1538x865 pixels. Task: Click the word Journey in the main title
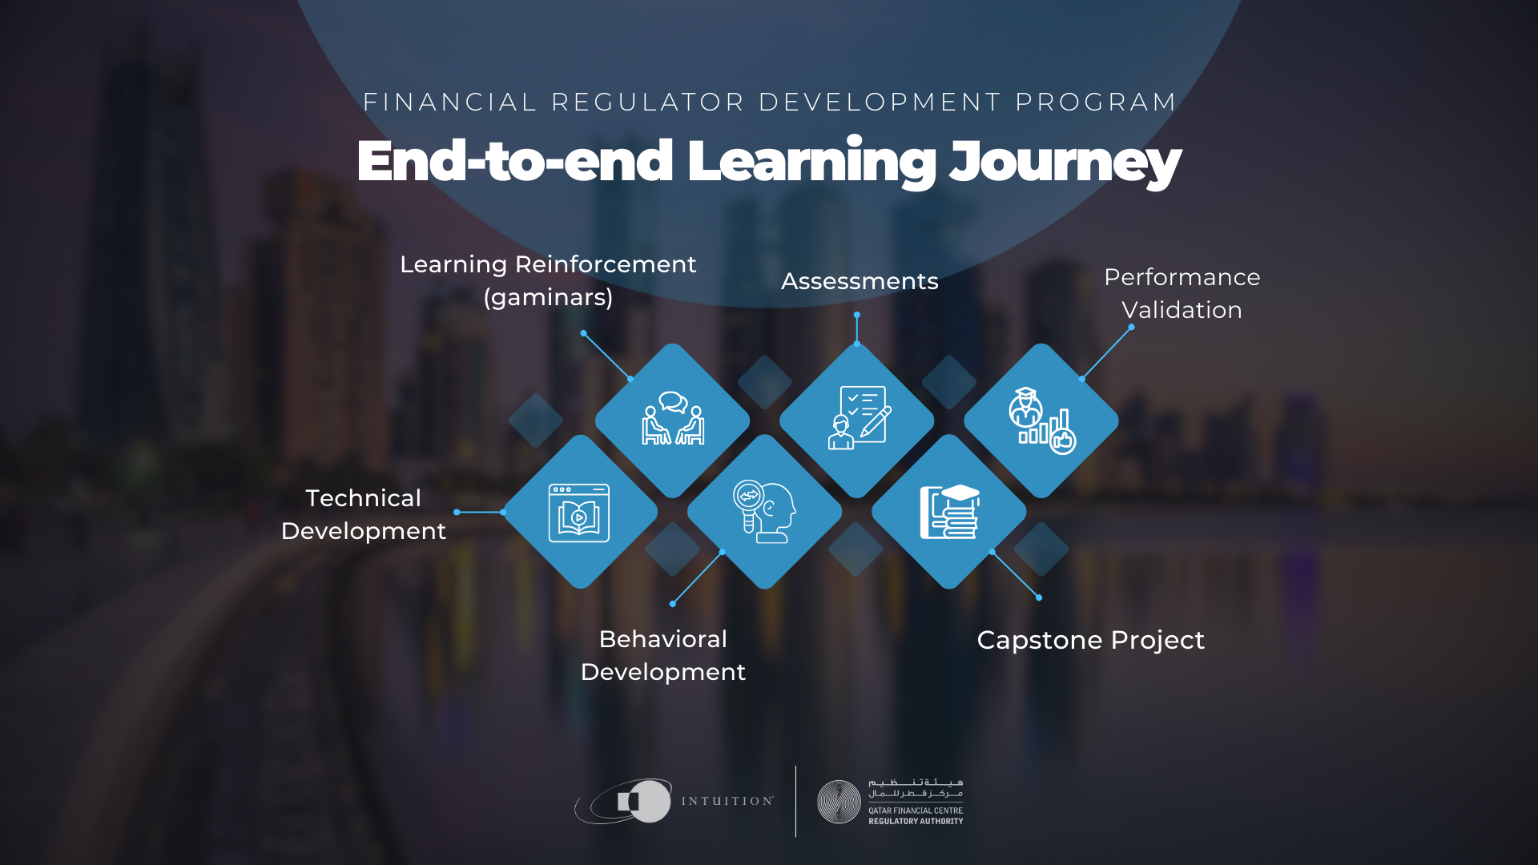tap(1065, 163)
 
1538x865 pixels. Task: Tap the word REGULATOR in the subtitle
tap(649, 103)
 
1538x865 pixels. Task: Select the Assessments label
tap(860, 281)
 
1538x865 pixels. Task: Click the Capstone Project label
tap(1090, 641)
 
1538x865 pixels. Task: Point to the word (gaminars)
tap(548, 297)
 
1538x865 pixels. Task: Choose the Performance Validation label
tap(1182, 293)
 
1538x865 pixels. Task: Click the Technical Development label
tap(364, 514)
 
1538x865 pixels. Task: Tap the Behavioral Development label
tap(663, 655)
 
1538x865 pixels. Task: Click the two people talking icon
tap(673, 417)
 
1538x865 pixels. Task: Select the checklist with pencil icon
tap(859, 418)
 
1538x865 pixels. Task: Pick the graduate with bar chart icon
tap(1042, 420)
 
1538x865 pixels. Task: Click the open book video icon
tap(579, 513)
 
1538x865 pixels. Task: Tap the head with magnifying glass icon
tap(764, 512)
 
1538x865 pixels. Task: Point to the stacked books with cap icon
tap(950, 512)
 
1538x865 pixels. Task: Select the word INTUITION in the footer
tap(727, 801)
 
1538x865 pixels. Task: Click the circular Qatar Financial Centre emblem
tap(839, 802)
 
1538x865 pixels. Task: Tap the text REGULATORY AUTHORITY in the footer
tap(916, 821)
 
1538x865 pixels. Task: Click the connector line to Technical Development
tap(480, 512)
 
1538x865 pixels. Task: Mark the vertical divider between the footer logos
tap(795, 801)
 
